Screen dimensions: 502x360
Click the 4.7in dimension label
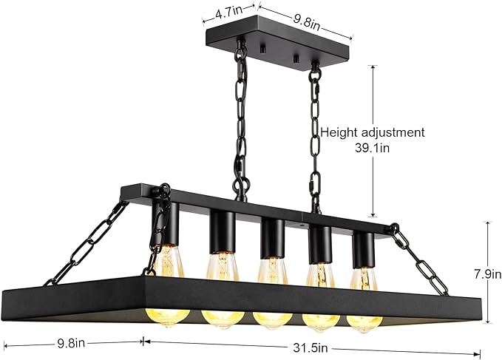(228, 13)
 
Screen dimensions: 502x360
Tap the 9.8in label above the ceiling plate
(307, 21)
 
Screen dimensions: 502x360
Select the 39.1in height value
(372, 148)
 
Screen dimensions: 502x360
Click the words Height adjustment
(373, 132)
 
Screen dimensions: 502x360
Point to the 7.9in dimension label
(487, 274)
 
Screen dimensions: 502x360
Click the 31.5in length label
(311, 347)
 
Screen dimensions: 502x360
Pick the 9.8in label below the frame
(71, 343)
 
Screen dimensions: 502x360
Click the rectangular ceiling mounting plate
(278, 41)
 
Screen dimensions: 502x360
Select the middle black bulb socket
(272, 238)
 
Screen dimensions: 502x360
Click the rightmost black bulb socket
(363, 250)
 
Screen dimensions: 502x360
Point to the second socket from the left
(223, 231)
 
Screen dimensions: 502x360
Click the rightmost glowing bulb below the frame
(364, 324)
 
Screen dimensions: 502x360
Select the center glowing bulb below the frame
(272, 321)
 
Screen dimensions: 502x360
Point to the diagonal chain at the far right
(419, 259)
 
